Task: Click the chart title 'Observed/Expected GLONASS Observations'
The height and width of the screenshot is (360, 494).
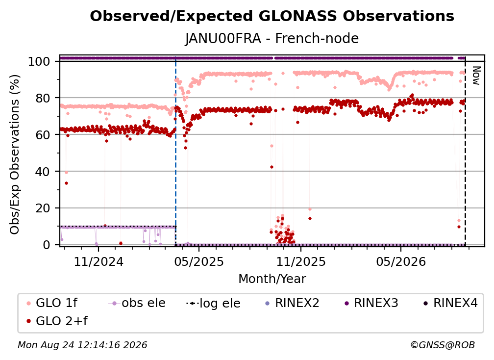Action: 272,16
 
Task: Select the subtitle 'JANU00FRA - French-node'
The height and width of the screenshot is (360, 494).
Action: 272,38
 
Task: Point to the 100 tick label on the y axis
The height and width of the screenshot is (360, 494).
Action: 39,61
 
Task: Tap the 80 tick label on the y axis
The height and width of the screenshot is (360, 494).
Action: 43,98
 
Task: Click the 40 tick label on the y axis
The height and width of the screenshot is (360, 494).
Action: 43,172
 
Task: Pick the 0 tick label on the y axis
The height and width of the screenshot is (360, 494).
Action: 47,245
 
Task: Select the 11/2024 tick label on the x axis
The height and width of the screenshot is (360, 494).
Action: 99,261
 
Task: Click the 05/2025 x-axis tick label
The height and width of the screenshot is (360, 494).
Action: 199,261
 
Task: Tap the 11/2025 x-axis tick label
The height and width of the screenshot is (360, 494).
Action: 301,261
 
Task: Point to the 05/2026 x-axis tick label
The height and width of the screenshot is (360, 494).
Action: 401,261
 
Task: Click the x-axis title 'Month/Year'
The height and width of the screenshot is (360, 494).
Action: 272,279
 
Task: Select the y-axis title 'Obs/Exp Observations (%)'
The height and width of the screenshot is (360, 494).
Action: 15,154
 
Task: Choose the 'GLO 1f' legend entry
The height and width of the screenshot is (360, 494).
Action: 52,303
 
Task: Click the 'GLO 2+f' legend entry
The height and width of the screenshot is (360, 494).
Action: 57,321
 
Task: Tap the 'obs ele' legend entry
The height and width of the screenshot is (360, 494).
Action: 137,303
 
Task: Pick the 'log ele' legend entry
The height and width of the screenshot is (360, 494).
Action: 213,303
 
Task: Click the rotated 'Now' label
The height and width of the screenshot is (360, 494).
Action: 476,76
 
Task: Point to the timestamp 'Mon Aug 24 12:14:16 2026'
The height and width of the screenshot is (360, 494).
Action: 82,345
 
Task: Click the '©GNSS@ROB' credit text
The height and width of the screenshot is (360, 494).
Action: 443,345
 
